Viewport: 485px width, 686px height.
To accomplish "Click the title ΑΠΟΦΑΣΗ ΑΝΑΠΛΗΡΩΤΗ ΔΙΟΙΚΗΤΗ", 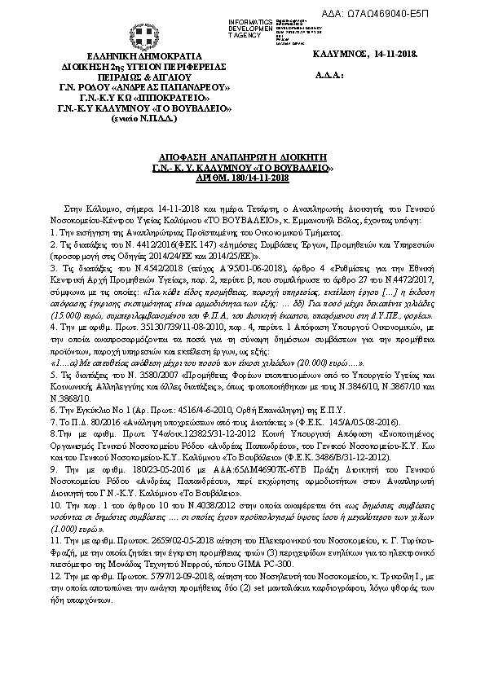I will pos(241,152).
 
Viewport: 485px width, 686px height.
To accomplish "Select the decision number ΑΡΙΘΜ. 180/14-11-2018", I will pos(241,177).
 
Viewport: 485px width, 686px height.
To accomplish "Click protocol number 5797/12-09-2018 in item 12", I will pos(158,575).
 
